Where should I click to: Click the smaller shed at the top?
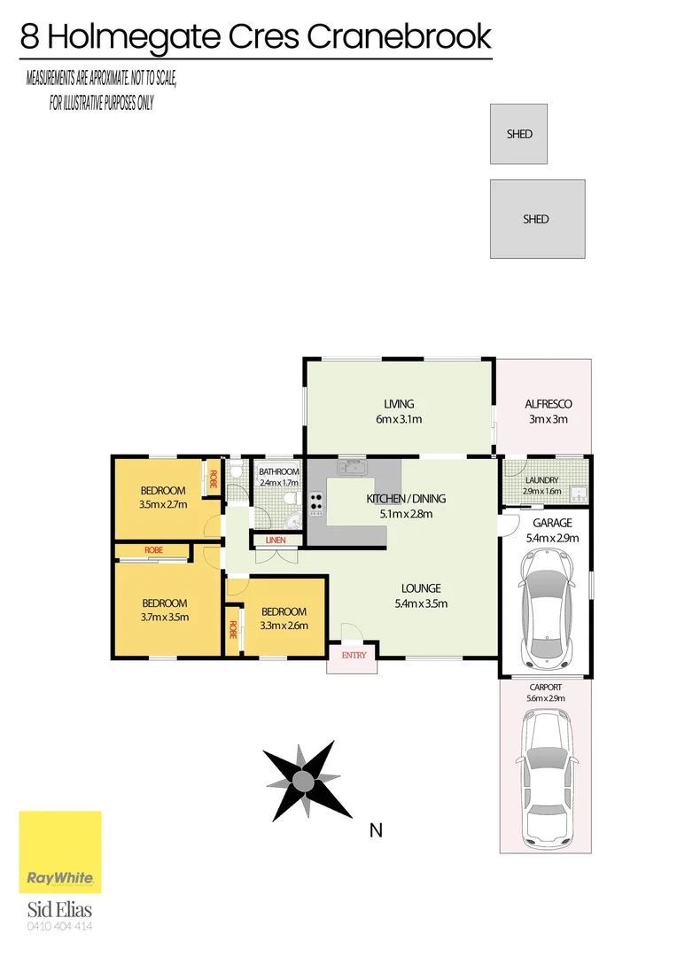[519, 134]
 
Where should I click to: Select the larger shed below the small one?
[537, 219]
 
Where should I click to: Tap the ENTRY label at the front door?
[354, 655]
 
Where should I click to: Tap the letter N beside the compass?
[376, 830]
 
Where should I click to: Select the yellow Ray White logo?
[60, 852]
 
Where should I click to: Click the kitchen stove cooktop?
[316, 502]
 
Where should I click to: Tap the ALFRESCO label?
[543, 404]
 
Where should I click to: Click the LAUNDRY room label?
[541, 480]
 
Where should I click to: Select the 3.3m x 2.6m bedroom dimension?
[283, 626]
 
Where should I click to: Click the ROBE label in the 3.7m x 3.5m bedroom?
[153, 550]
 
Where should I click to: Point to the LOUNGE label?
[421, 588]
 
